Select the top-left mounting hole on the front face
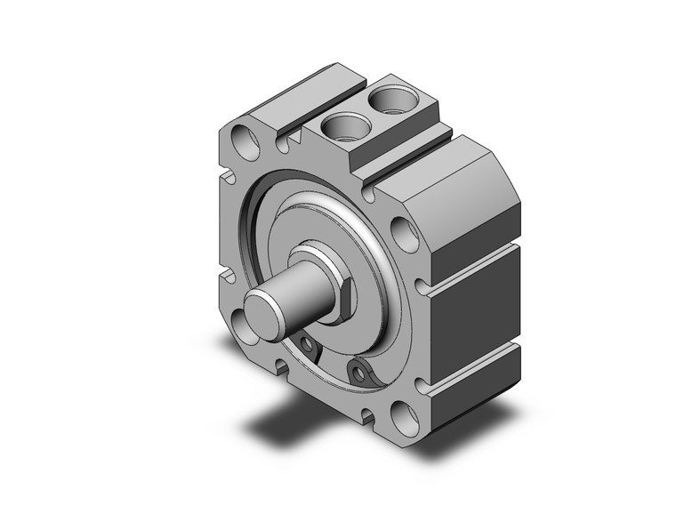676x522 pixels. click(x=239, y=139)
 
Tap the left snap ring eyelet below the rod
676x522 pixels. click(x=308, y=343)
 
